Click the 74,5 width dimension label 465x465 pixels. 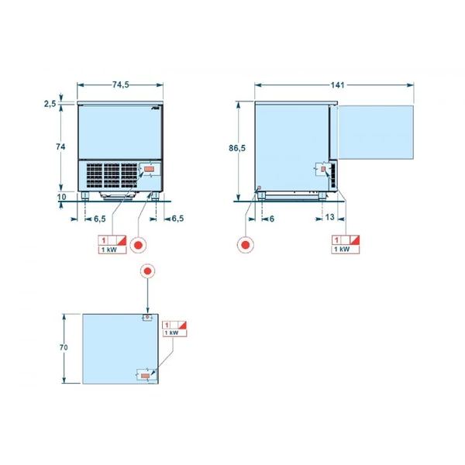[x=121, y=84]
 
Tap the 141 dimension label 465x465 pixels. [x=337, y=85]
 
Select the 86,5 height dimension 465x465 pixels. [x=237, y=148]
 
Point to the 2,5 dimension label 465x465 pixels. [x=50, y=104]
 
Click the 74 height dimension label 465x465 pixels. [x=60, y=146]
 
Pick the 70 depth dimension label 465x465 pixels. [x=64, y=347]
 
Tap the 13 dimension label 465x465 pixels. [x=330, y=217]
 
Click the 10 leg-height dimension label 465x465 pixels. [x=61, y=197]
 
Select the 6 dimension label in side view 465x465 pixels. [x=272, y=219]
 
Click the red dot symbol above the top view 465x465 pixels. [x=148, y=271]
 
